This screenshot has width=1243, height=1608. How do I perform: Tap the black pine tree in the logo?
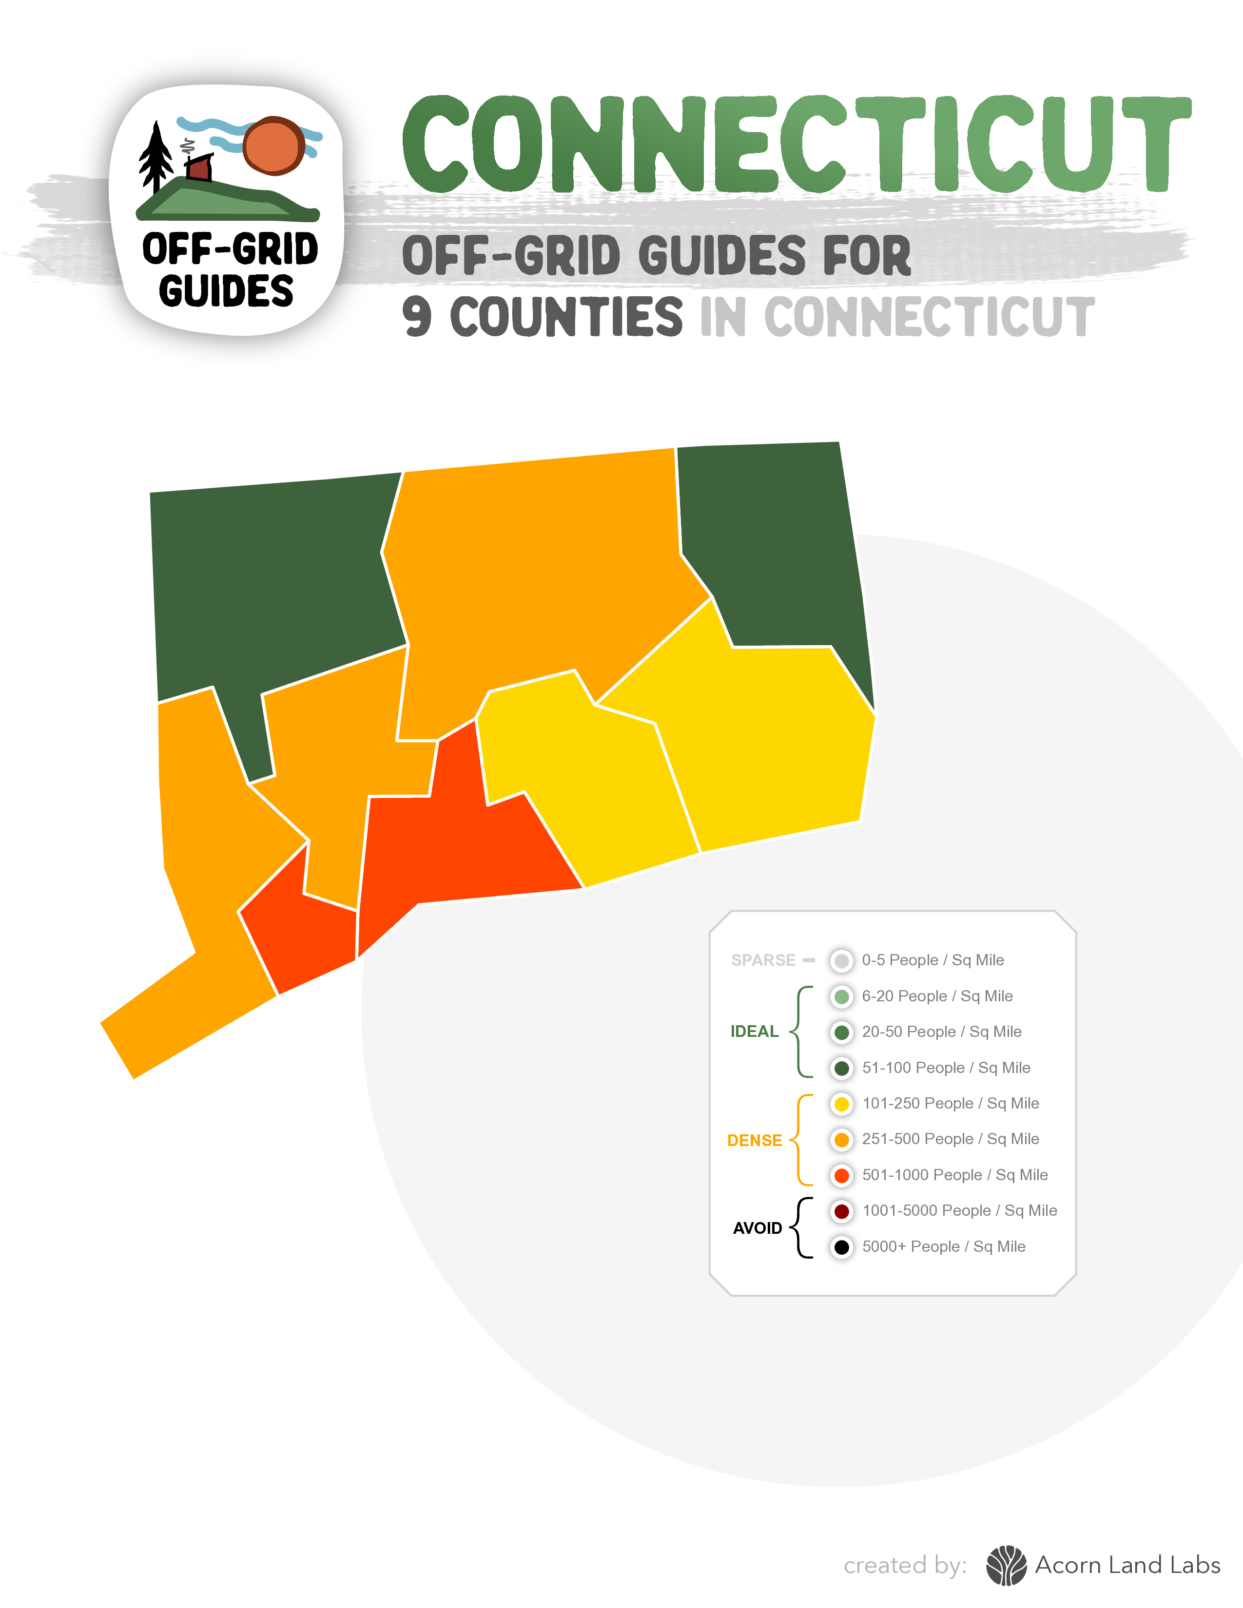click(x=155, y=156)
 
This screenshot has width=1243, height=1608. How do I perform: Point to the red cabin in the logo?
click(x=199, y=168)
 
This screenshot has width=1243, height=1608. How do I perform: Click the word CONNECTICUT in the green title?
click(x=796, y=145)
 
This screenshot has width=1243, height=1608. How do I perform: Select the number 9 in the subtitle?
click(x=417, y=317)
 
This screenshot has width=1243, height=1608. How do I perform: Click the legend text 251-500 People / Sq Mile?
click(x=950, y=1139)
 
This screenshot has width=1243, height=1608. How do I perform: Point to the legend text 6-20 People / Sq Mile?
click(x=937, y=996)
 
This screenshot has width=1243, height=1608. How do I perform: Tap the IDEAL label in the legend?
click(x=754, y=1032)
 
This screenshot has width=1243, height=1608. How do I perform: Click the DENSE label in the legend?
click(x=754, y=1141)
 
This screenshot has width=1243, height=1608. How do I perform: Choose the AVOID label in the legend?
click(x=757, y=1228)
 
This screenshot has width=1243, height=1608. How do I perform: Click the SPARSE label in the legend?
click(x=763, y=960)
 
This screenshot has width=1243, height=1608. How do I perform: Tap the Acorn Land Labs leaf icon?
click(x=1006, y=1565)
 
